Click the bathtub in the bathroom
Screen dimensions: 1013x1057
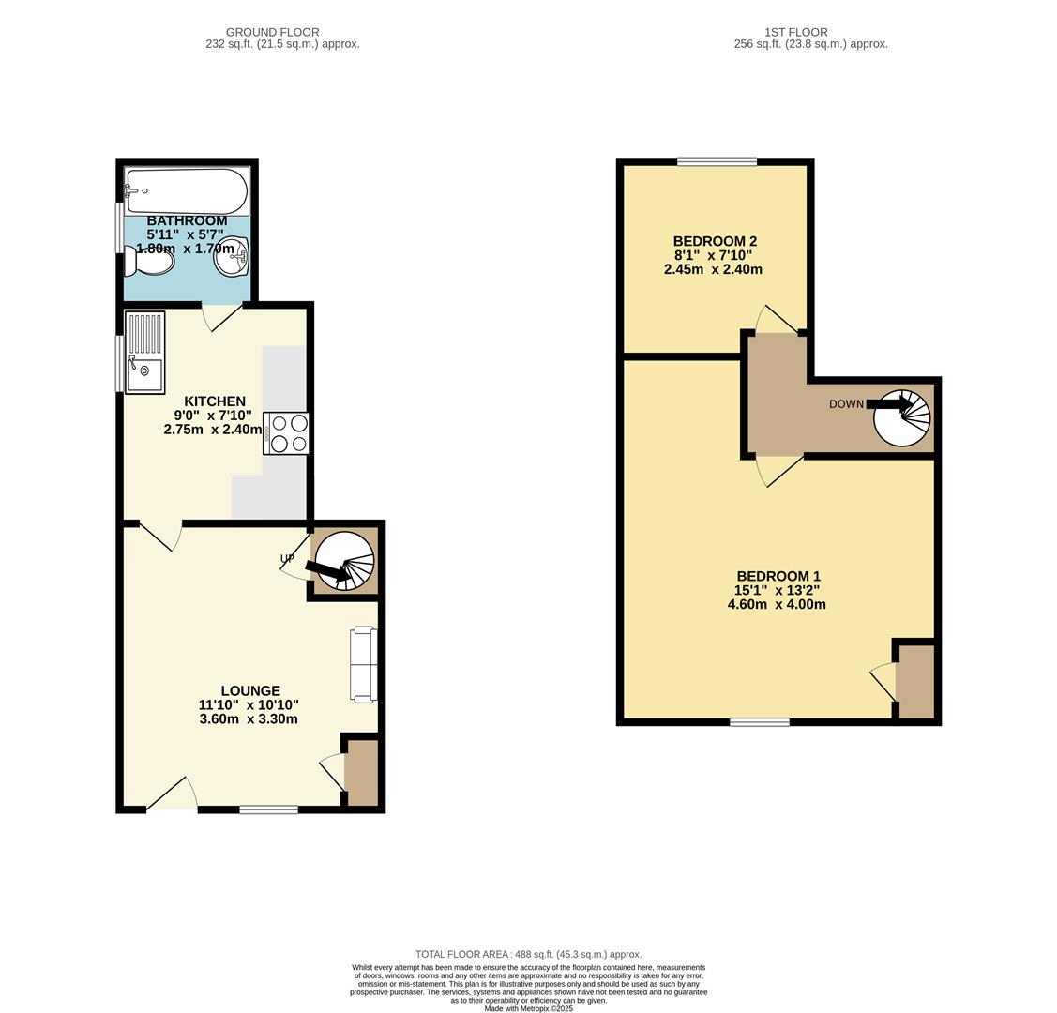(x=187, y=191)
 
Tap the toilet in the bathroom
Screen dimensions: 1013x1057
(x=150, y=262)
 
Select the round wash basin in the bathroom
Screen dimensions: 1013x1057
(x=231, y=258)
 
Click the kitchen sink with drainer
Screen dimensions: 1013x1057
(x=144, y=352)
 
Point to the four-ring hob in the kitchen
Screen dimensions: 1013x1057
(x=287, y=433)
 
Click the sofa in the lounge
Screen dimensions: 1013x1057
(x=363, y=665)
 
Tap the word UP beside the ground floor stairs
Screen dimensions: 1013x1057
(x=287, y=559)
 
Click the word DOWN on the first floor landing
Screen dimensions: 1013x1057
(x=846, y=404)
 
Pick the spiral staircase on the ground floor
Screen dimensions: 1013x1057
(x=344, y=562)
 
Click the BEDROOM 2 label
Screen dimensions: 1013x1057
(x=715, y=241)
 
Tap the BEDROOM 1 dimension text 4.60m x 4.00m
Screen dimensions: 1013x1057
(x=777, y=605)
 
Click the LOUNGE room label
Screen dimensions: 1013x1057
(x=250, y=691)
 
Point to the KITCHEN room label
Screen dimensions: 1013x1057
(x=215, y=401)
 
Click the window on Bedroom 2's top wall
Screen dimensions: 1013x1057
(x=717, y=161)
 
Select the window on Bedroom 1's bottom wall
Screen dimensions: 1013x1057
(x=760, y=721)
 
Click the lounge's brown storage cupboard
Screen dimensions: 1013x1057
(x=361, y=773)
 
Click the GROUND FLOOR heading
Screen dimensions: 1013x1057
(x=272, y=32)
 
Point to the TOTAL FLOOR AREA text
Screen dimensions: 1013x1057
(x=528, y=954)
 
